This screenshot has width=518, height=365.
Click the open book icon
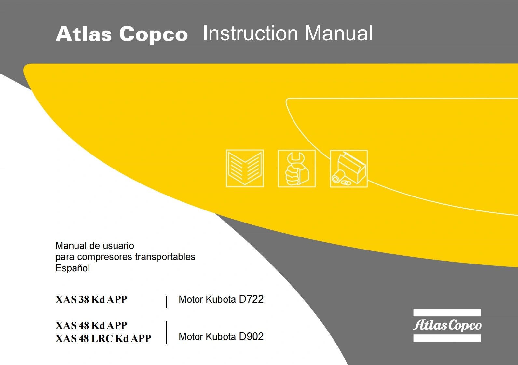(245, 168)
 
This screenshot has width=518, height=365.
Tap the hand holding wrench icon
(296, 169)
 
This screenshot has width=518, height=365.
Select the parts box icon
(348, 169)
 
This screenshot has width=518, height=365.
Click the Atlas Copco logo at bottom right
(447, 325)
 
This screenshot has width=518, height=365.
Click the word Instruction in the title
(251, 34)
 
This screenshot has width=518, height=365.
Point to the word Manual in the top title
(338, 34)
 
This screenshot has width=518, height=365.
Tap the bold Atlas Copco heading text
(122, 34)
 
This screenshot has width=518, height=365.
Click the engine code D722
(251, 299)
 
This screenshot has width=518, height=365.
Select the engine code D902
(251, 336)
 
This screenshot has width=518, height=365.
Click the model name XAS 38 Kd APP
(91, 299)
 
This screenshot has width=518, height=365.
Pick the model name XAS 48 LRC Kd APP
(103, 338)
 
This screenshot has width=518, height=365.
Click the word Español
(73, 268)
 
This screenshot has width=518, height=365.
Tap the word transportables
(165, 257)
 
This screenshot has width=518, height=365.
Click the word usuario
(118, 246)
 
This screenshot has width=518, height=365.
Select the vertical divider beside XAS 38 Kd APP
(167, 302)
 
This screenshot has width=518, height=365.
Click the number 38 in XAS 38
(84, 299)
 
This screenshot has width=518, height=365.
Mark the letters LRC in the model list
(102, 338)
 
